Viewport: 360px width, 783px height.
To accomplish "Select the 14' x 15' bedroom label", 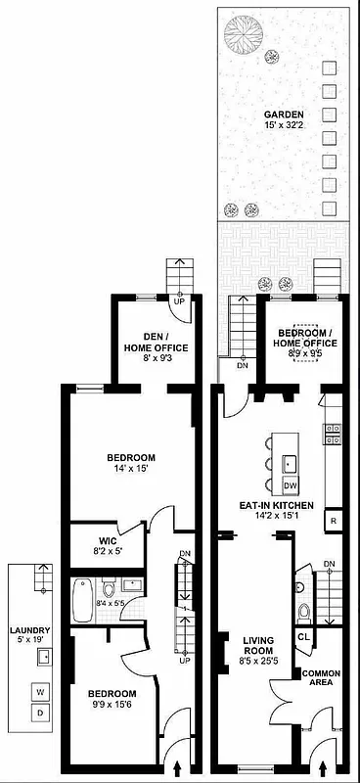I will [x=132, y=463].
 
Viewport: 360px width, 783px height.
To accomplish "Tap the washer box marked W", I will [x=40, y=692].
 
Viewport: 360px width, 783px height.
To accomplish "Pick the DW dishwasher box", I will [x=290, y=485].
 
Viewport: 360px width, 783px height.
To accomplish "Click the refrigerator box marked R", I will [x=333, y=521].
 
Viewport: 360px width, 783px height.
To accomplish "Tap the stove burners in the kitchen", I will [x=332, y=433].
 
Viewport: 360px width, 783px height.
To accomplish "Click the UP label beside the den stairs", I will [x=179, y=300].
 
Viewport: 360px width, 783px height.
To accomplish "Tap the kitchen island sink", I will [x=290, y=462].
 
